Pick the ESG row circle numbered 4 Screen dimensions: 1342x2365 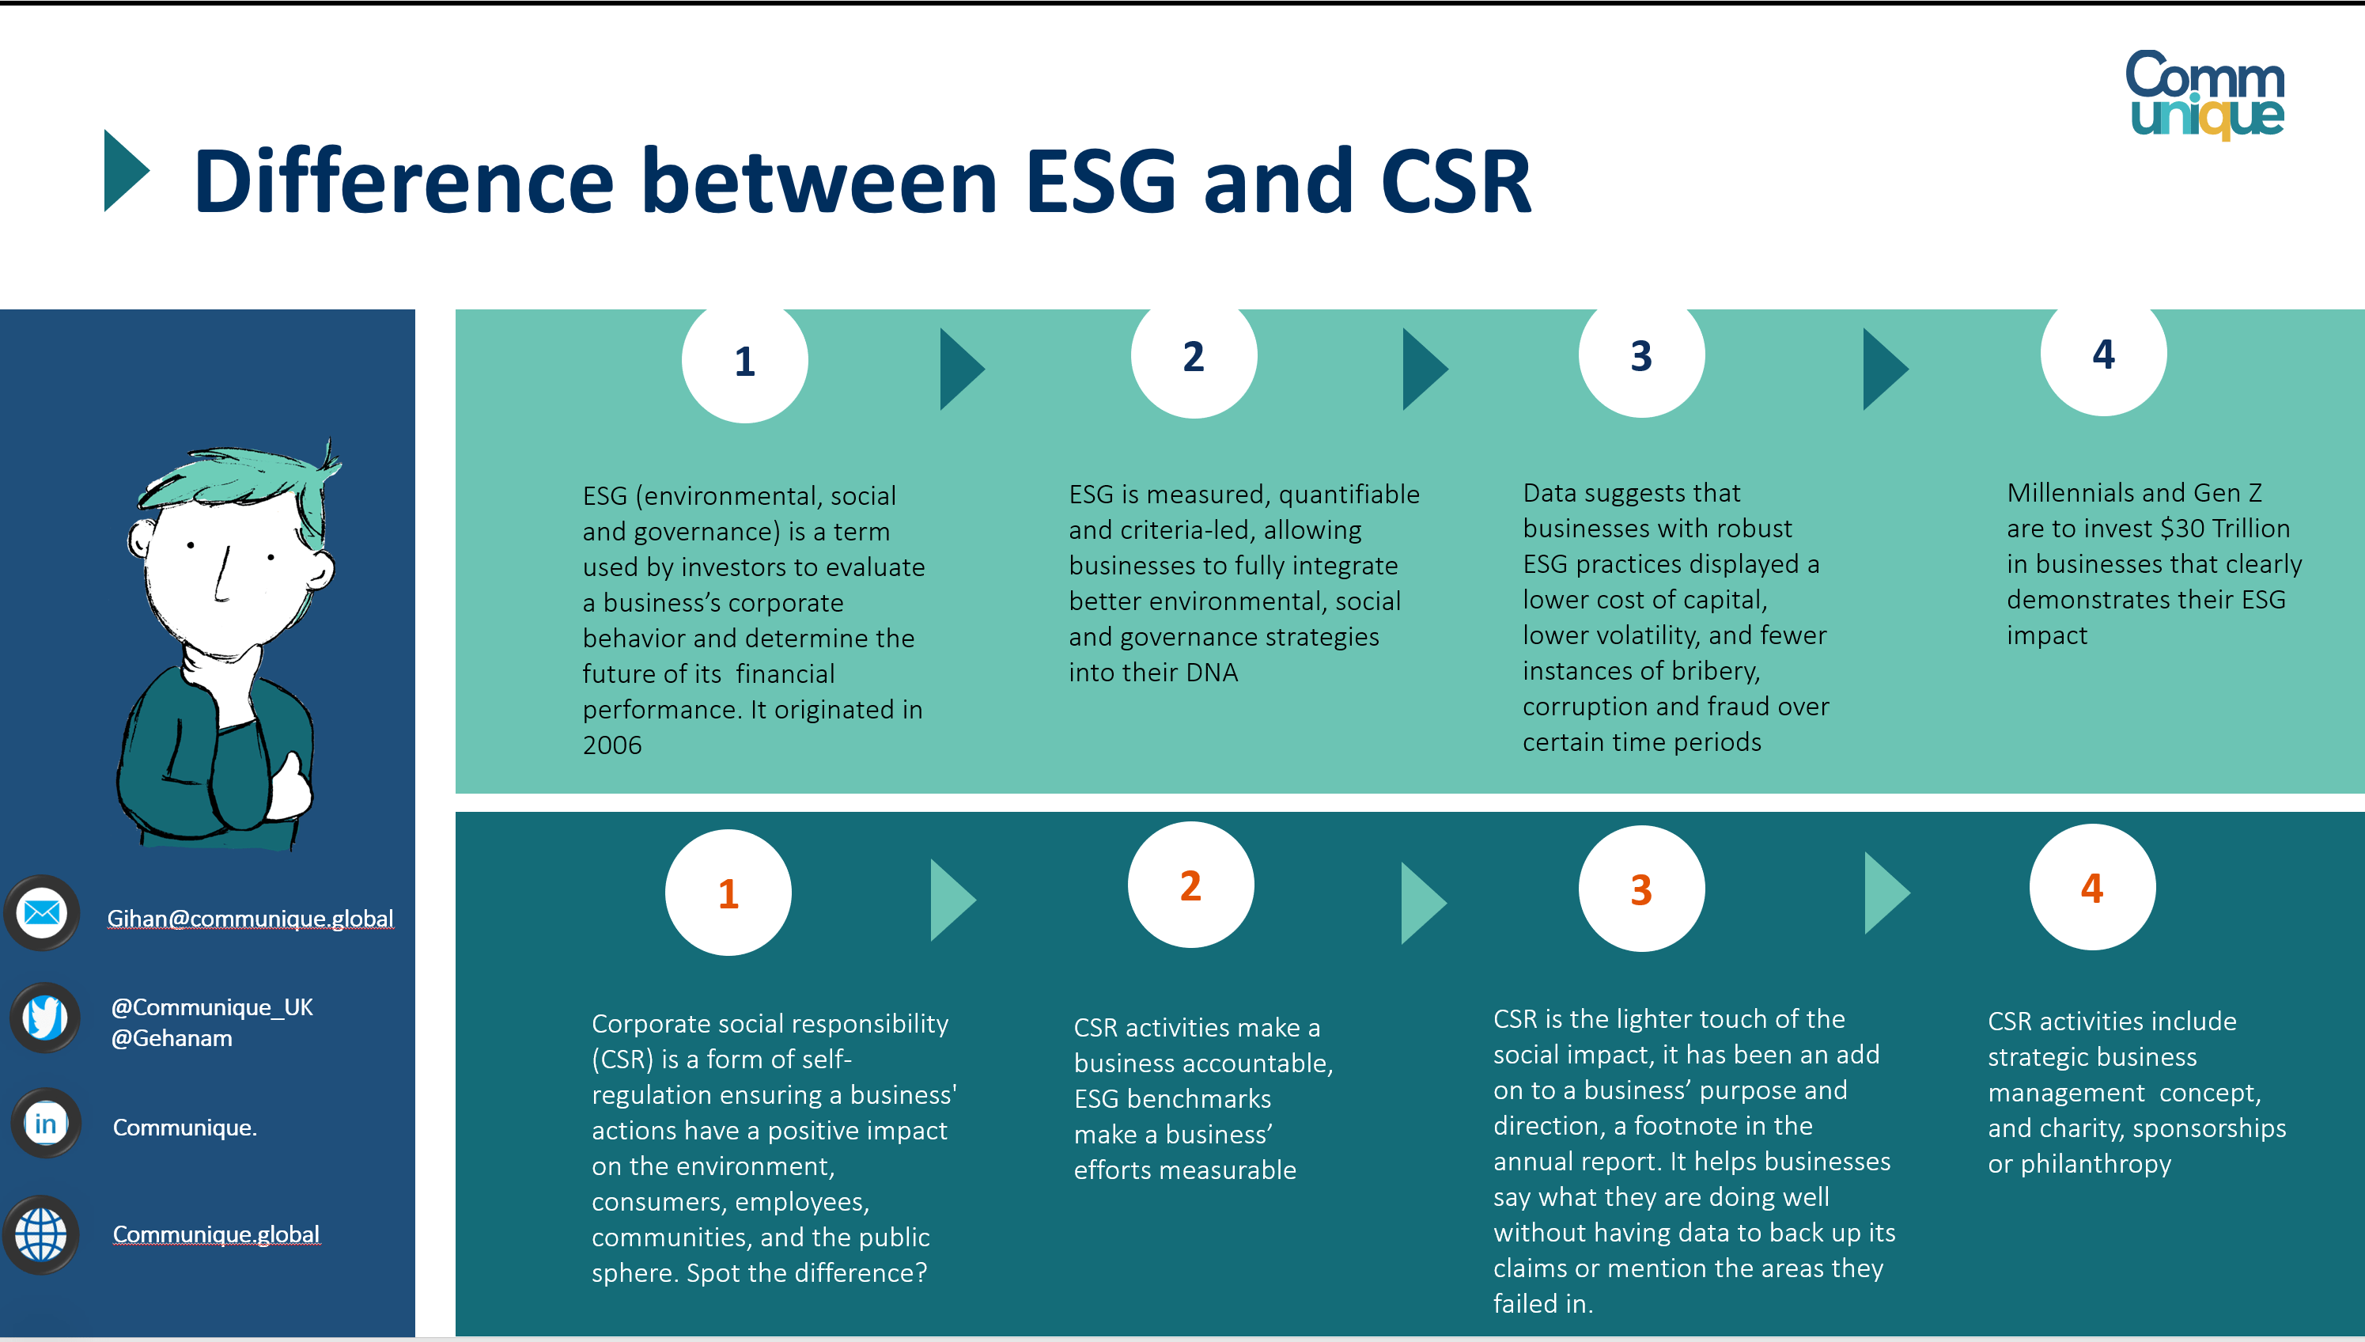[x=2102, y=354]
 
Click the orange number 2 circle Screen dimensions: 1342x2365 [x=1190, y=885]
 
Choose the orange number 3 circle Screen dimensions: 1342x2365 [x=1640, y=889]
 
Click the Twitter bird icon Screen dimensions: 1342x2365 [x=44, y=1018]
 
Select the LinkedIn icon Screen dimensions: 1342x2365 [x=45, y=1124]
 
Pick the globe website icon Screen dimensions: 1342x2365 [x=41, y=1234]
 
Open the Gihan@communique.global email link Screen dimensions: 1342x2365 [x=250, y=919]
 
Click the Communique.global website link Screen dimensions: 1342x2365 [x=216, y=1234]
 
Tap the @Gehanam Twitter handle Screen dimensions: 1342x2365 [x=172, y=1039]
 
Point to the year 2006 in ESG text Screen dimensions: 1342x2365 [x=611, y=745]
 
